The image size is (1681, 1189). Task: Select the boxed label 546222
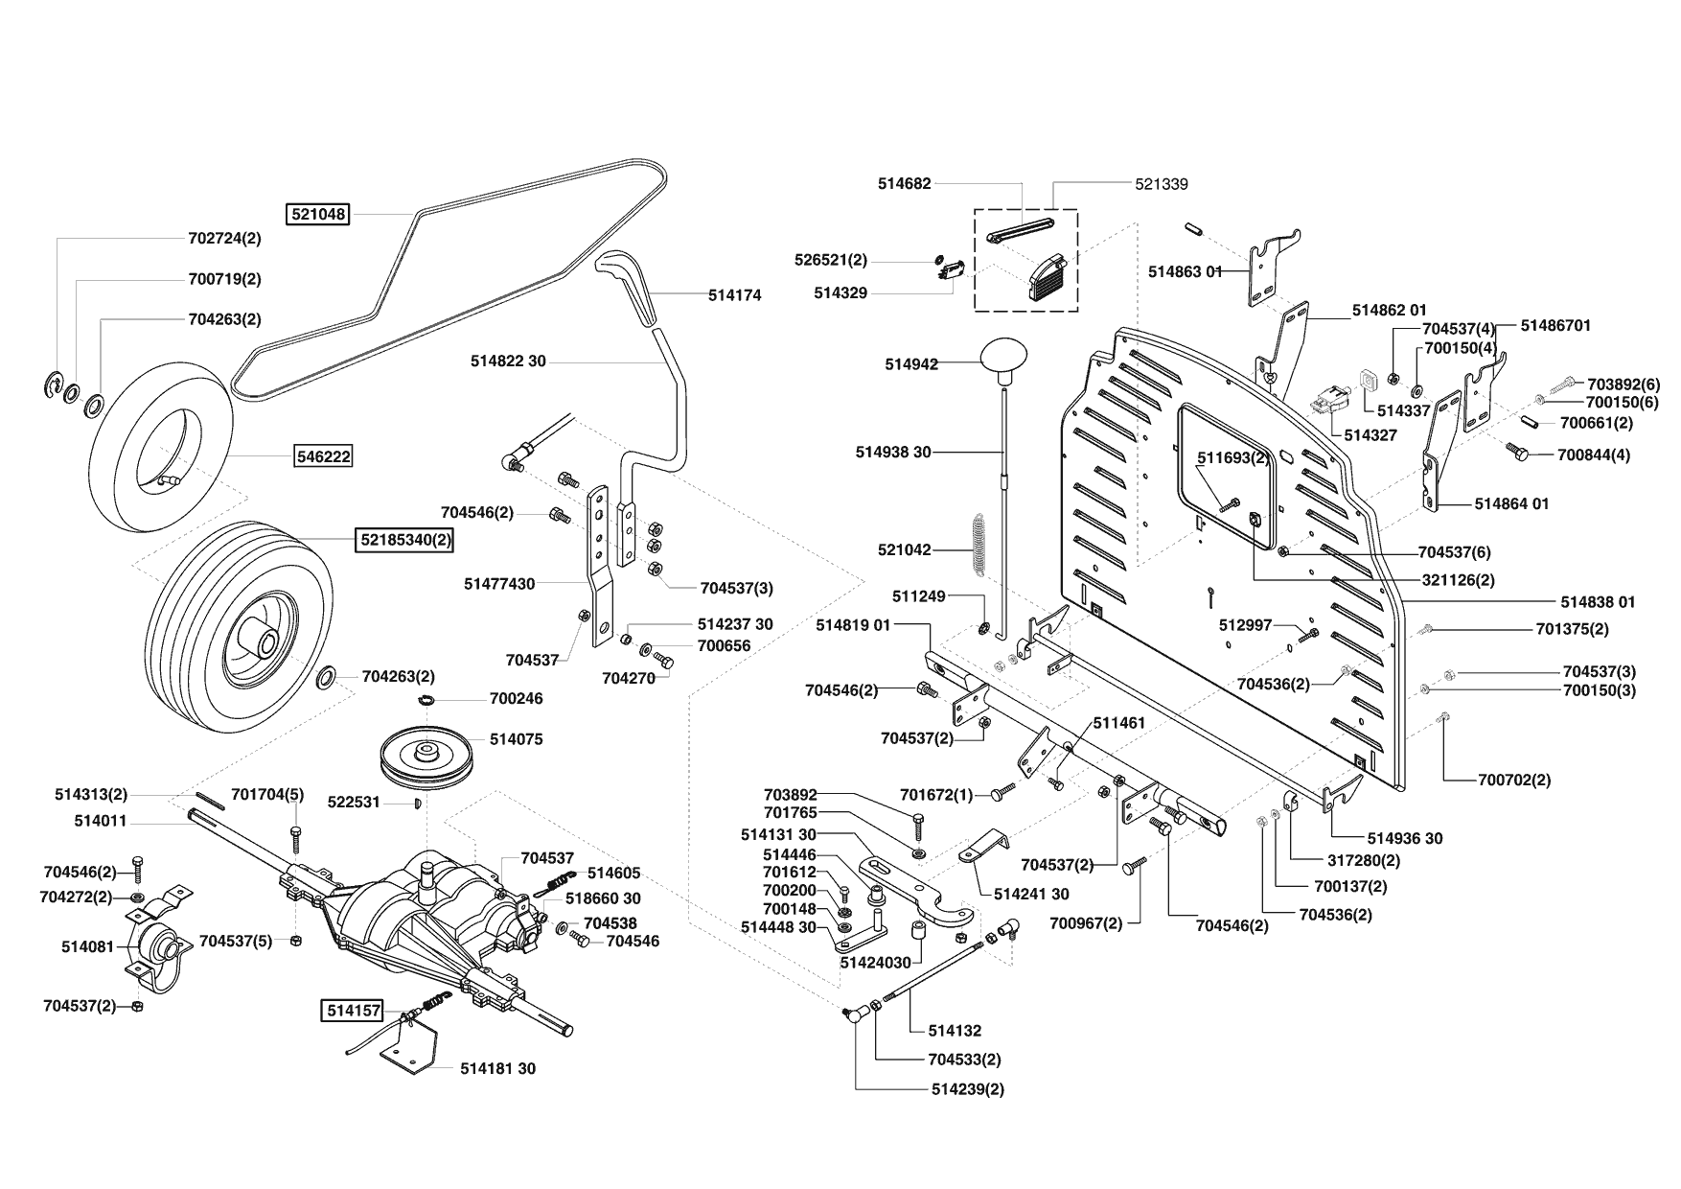coord(323,457)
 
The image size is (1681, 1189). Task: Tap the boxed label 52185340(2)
coord(404,540)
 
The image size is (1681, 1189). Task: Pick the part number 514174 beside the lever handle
coord(734,295)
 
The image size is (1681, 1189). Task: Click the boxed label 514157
coord(352,1010)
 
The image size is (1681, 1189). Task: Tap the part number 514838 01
coord(1598,602)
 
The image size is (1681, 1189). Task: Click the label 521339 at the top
coord(1161,183)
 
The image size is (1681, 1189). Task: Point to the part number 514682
coord(904,182)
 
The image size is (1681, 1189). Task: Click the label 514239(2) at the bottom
coord(967,1089)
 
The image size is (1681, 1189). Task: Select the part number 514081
coord(87,946)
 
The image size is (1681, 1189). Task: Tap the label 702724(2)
coord(224,238)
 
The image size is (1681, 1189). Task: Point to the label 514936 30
coord(1405,838)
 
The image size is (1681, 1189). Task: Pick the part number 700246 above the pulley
coord(516,698)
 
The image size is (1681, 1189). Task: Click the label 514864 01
coord(1511,503)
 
